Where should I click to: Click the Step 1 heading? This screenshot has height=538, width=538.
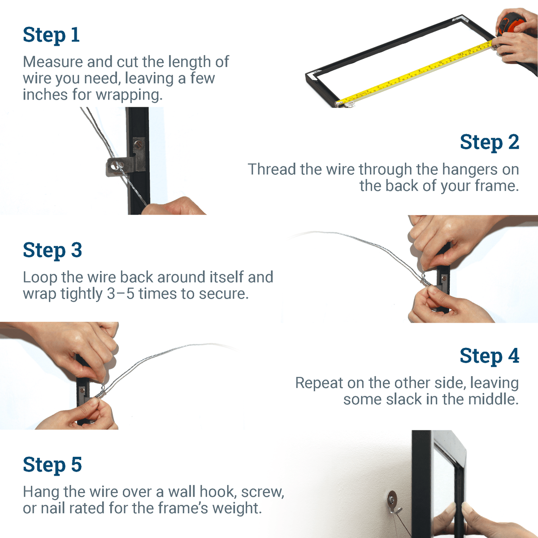click(x=51, y=35)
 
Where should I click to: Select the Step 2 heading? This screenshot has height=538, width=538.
click(x=489, y=143)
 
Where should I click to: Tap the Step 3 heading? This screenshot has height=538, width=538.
click(x=52, y=250)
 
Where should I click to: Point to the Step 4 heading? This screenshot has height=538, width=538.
click(x=489, y=356)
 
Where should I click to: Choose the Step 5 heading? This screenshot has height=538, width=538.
click(x=52, y=464)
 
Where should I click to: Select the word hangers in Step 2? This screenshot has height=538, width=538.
click(x=469, y=169)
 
